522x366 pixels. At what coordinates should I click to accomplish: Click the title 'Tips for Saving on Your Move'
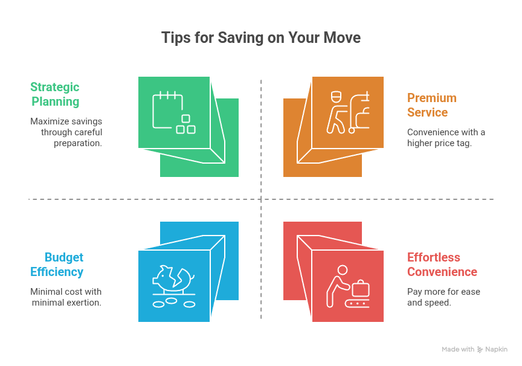[x=261, y=37]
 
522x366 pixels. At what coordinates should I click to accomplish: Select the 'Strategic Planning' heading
[x=55, y=94]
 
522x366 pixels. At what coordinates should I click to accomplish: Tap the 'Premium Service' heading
[x=432, y=105]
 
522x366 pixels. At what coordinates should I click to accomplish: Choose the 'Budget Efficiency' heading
[x=57, y=265]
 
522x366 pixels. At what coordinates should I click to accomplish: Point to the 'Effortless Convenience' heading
[x=442, y=265]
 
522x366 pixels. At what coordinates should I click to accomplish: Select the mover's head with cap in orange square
[x=337, y=97]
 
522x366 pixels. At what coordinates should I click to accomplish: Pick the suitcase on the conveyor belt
[x=360, y=288]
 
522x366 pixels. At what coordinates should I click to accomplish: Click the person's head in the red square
[x=342, y=269]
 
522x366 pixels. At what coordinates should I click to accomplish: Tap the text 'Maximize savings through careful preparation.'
[x=66, y=132]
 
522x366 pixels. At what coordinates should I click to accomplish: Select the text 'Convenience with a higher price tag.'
[x=446, y=138]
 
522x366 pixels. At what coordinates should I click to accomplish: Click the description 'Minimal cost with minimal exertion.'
[x=66, y=297]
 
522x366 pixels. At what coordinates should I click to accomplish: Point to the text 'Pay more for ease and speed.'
[x=443, y=297]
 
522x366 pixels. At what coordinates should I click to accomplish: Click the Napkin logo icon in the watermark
[x=480, y=349]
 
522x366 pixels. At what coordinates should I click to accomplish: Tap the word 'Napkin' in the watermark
[x=496, y=349]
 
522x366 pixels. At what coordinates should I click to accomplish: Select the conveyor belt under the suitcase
[x=357, y=303]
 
